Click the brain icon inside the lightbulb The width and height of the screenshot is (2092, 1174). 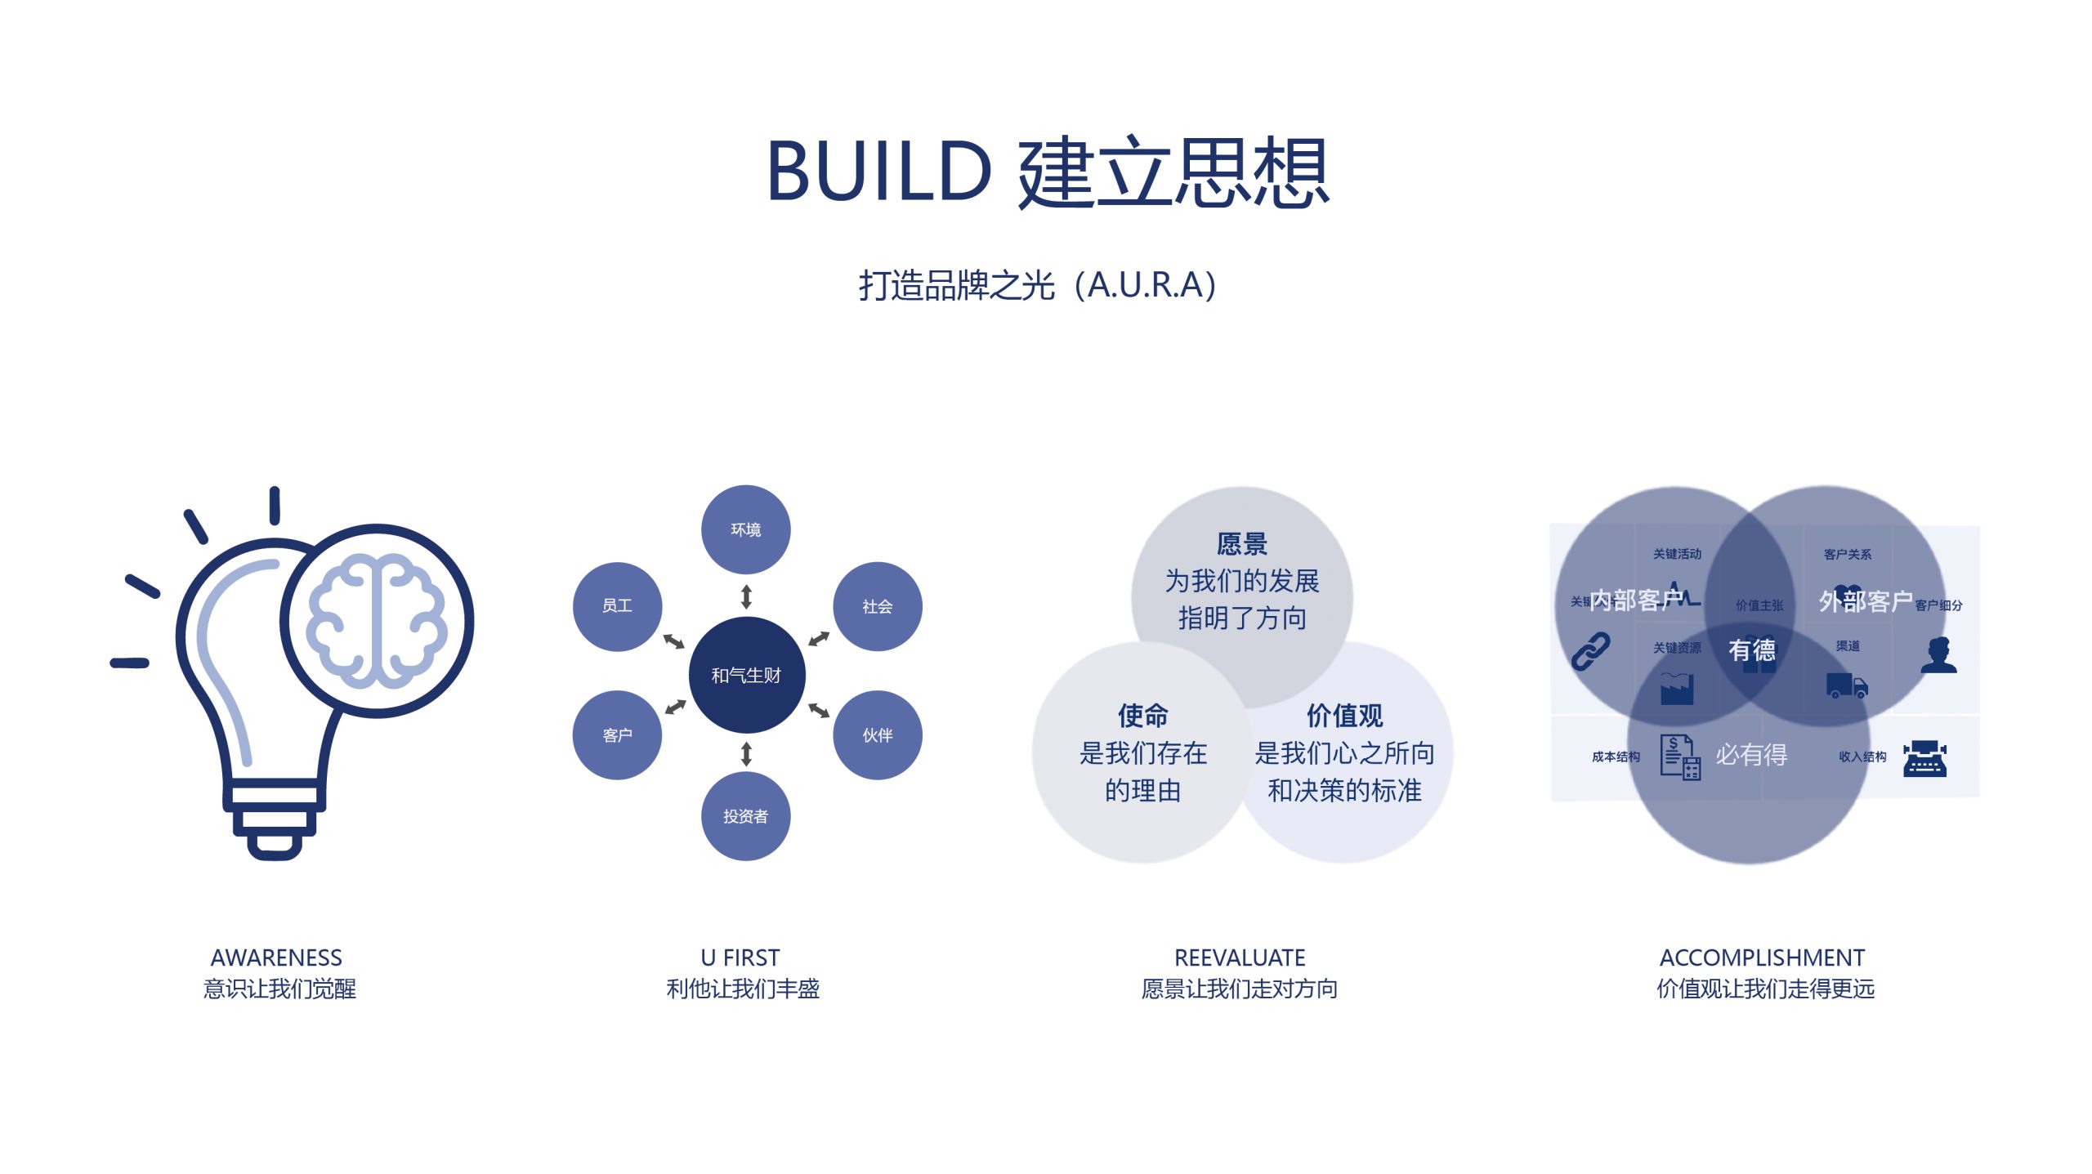[x=377, y=621]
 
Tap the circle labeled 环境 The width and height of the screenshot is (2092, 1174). [x=745, y=529]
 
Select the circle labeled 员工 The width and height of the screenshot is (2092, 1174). [x=617, y=606]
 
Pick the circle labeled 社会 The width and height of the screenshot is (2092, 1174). [x=877, y=606]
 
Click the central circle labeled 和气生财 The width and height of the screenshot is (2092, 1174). [x=746, y=675]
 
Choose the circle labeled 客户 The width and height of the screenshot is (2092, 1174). [x=617, y=735]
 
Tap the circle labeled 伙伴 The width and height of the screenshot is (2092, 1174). [x=877, y=735]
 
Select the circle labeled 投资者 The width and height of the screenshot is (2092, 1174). [x=745, y=816]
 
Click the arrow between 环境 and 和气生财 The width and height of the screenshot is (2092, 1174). [x=746, y=597]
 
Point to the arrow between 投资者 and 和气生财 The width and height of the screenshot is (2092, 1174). [x=746, y=753]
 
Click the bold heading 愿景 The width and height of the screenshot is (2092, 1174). [x=1241, y=544]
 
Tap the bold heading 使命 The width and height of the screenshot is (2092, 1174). [x=1142, y=716]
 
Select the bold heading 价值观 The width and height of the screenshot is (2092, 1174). [x=1344, y=716]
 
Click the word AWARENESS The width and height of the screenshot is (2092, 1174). [x=276, y=957]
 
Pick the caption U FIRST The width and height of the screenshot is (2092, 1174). [x=740, y=957]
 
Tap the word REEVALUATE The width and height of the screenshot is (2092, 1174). [x=1240, y=957]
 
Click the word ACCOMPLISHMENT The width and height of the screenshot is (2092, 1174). [x=1762, y=957]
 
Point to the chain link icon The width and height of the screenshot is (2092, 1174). [x=1590, y=651]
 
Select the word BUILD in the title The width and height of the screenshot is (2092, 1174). [x=879, y=172]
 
